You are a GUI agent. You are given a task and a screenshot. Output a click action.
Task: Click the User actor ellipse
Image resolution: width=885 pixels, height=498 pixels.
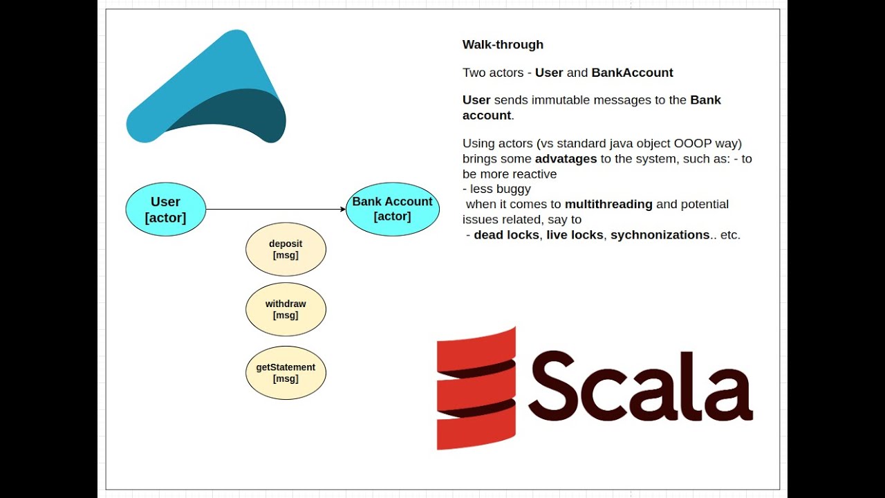click(x=166, y=209)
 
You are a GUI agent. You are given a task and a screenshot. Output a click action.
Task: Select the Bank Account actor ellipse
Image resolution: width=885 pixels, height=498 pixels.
click(x=392, y=209)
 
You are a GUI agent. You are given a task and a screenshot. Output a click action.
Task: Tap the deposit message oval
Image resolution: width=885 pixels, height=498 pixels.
click(x=286, y=249)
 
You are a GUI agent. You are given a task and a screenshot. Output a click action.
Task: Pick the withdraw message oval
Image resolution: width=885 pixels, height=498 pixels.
click(x=286, y=309)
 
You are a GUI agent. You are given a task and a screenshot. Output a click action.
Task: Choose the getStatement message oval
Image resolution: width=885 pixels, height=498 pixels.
click(x=286, y=373)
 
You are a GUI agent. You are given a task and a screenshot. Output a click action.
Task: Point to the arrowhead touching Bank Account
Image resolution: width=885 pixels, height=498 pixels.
click(x=342, y=209)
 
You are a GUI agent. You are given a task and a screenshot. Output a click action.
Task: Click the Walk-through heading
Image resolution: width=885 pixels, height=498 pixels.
click(x=503, y=44)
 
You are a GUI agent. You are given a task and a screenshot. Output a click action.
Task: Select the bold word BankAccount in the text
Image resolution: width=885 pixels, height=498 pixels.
click(x=632, y=73)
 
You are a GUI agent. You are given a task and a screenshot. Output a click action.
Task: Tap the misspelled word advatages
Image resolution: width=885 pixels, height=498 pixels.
click(x=566, y=158)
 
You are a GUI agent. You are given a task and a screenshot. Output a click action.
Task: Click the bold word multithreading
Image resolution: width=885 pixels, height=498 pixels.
click(x=608, y=204)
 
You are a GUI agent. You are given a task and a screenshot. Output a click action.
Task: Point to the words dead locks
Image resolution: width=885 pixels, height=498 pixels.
click(x=506, y=234)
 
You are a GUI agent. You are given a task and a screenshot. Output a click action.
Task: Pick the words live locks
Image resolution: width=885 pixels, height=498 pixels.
click(x=575, y=234)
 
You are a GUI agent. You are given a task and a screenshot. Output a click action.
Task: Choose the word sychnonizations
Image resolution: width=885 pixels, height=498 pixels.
click(x=660, y=234)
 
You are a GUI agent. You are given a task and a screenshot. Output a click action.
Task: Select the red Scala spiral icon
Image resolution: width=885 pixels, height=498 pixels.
click(x=476, y=388)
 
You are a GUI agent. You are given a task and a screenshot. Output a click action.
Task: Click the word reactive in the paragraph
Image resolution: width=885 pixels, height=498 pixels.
click(x=534, y=174)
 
